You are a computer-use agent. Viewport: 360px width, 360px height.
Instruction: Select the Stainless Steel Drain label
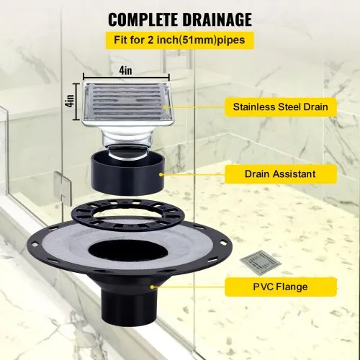pos(280,107)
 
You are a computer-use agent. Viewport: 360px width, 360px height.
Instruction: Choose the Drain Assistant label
pos(280,174)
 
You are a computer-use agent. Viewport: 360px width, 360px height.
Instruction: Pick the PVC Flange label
pos(280,287)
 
